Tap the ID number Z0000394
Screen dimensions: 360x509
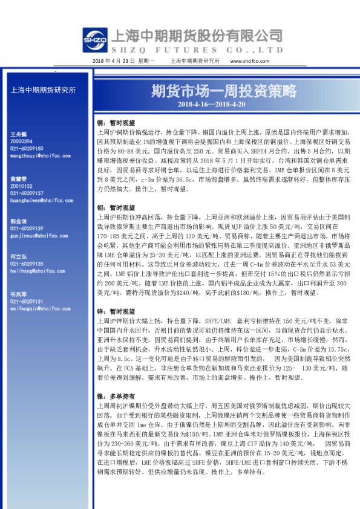[24, 141]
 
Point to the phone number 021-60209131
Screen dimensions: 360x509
[27, 300]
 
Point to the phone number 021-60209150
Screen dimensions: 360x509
[27, 148]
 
